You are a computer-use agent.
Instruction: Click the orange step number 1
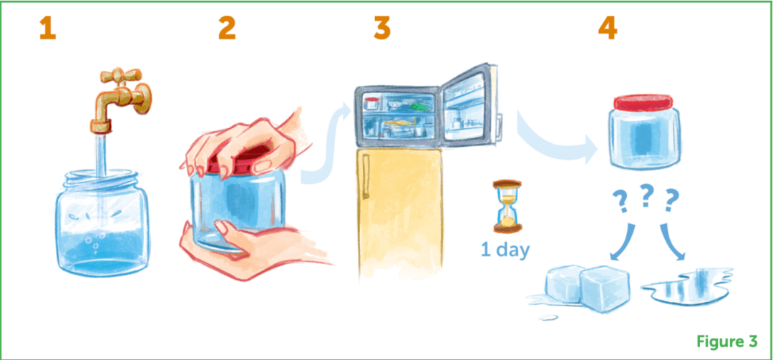click(48, 29)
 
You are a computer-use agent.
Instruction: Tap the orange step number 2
click(227, 29)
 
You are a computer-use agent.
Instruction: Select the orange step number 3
click(381, 29)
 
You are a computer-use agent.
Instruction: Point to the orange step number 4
click(608, 29)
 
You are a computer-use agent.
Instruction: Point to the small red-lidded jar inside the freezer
click(371, 103)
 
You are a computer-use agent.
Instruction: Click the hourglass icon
click(507, 206)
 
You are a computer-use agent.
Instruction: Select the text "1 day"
click(505, 250)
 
